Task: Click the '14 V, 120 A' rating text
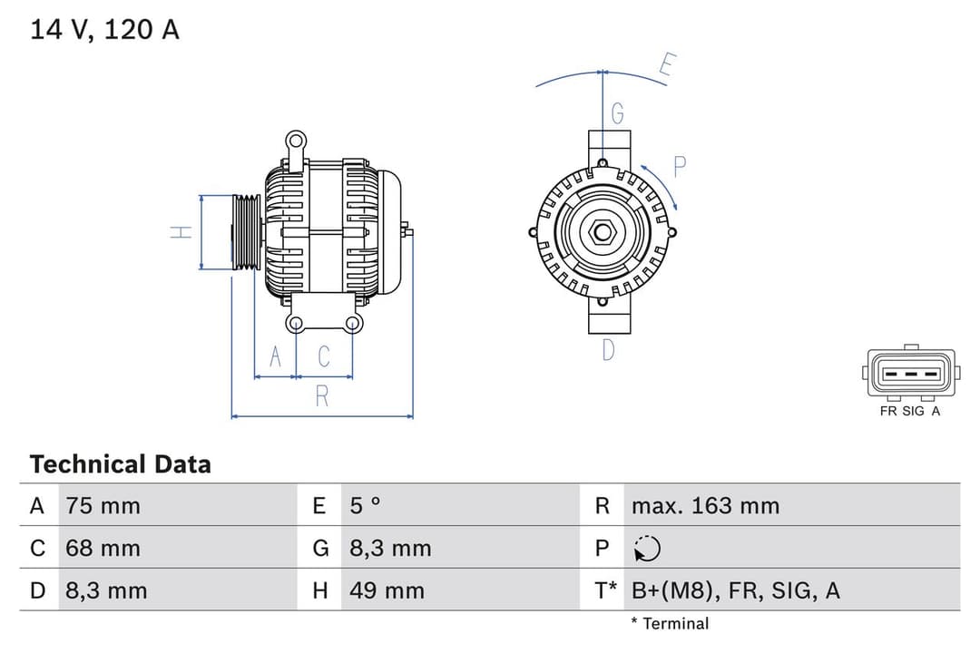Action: coord(104,29)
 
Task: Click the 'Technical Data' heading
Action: coord(120,464)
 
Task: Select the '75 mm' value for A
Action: coord(103,505)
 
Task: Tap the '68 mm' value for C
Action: coord(103,548)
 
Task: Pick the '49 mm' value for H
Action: coord(387,590)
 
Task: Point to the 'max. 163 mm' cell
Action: coord(705,505)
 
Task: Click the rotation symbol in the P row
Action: coord(647,548)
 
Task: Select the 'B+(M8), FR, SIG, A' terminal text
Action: coord(735,590)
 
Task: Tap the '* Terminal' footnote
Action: coord(670,623)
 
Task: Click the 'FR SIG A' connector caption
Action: coord(910,411)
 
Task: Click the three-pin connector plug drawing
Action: coord(910,374)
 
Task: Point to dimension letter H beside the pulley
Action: coord(181,232)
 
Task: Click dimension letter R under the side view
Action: coord(321,396)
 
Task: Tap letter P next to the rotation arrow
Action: coord(680,167)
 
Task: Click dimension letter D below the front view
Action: coord(608,349)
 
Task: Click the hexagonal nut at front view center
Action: coord(603,232)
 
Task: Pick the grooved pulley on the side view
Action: coord(245,232)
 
